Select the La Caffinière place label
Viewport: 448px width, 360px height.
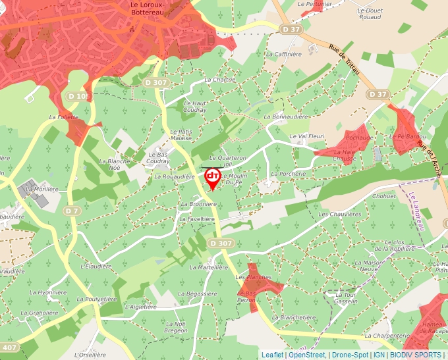click(x=283, y=54)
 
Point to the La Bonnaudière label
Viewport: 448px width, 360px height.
click(x=286, y=116)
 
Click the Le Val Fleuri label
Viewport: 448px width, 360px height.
click(x=308, y=136)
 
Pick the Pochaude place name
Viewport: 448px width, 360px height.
click(x=359, y=138)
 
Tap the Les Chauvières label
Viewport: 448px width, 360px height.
click(x=340, y=215)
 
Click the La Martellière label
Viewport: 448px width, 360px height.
click(x=208, y=268)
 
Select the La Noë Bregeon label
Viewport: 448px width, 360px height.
click(x=177, y=327)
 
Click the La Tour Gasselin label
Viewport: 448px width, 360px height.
click(x=347, y=297)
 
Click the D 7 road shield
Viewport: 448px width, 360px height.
click(x=72, y=211)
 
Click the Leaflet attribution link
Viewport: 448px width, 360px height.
click(x=272, y=355)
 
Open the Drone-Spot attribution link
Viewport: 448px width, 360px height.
click(x=349, y=355)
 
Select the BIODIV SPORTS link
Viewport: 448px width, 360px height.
click(x=416, y=355)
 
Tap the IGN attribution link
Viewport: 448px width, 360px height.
click(x=379, y=355)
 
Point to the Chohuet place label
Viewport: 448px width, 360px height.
click(x=384, y=196)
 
